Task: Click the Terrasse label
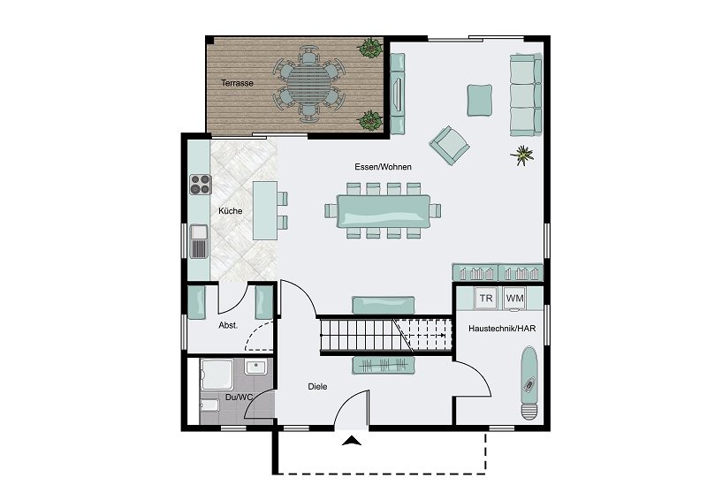point(237,83)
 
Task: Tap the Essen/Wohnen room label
point(383,167)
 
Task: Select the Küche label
point(231,210)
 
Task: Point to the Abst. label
point(228,325)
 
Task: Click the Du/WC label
point(239,398)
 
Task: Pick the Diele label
point(317,386)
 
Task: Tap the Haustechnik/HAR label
point(502,329)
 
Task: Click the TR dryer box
point(486,299)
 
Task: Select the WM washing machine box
point(514,299)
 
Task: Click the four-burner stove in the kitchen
point(201,185)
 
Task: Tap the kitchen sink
point(199,242)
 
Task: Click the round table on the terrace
point(308,84)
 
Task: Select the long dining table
point(384,210)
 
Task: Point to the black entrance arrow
point(352,441)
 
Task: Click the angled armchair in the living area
point(449,145)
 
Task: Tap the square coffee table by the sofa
point(480,100)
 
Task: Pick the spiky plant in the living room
point(522,155)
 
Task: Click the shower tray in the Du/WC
point(217,375)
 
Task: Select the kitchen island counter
point(265,210)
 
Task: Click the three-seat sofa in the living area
point(526,95)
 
